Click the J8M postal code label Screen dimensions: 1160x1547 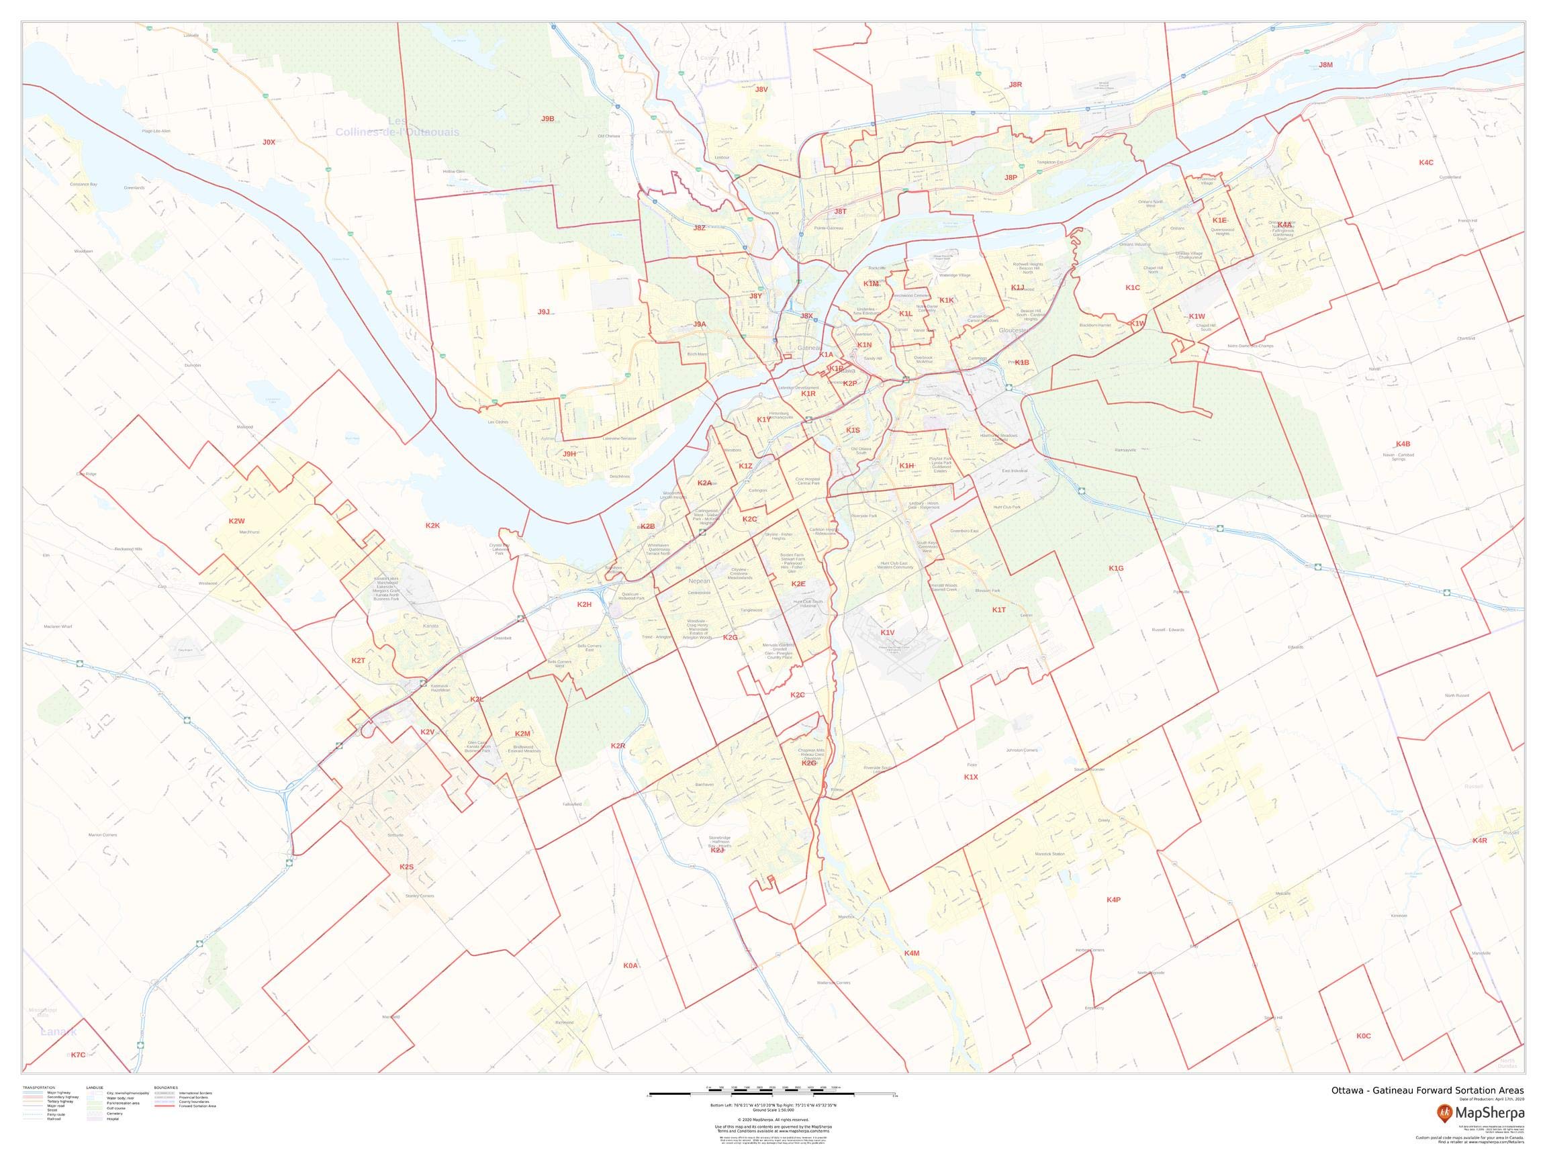click(x=1325, y=65)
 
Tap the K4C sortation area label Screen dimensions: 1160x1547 click(x=1426, y=163)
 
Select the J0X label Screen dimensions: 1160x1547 click(x=269, y=142)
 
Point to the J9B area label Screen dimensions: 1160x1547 click(x=548, y=119)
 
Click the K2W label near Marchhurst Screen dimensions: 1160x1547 click(x=236, y=521)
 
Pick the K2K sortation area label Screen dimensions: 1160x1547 click(x=433, y=525)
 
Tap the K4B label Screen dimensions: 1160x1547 click(x=1403, y=444)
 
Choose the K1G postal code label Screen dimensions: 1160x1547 click(x=1116, y=569)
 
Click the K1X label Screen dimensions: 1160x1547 click(x=971, y=777)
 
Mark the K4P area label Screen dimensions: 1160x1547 click(x=1113, y=900)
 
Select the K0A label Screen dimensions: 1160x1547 click(x=630, y=965)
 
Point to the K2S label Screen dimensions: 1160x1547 click(x=406, y=867)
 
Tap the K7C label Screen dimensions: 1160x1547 click(x=79, y=1055)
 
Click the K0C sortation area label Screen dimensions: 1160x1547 click(x=1364, y=1036)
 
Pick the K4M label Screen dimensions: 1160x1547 click(x=911, y=953)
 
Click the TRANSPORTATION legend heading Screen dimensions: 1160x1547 click(x=38, y=1088)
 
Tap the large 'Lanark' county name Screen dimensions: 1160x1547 click(x=58, y=1032)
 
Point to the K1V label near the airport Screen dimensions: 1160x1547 click(x=888, y=633)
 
